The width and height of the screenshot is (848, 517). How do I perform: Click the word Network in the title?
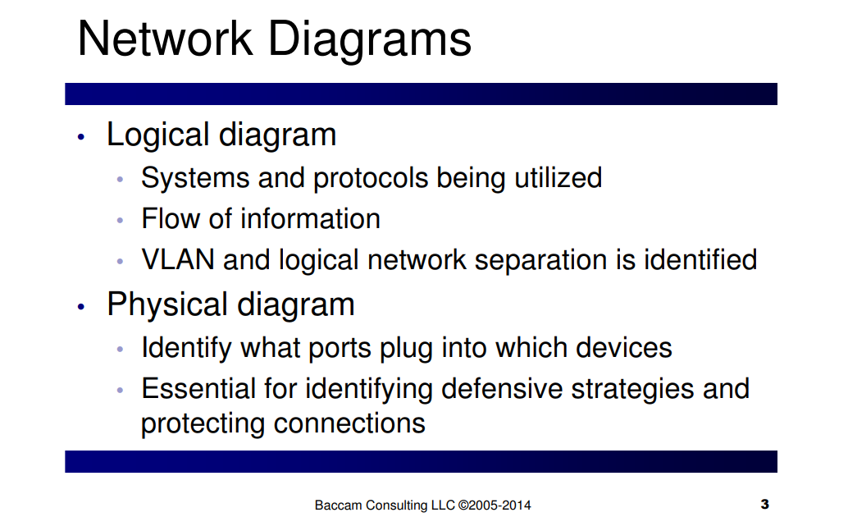pos(165,39)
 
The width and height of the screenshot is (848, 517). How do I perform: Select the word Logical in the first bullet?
pos(158,135)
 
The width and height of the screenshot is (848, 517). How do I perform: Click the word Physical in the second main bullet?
pos(167,304)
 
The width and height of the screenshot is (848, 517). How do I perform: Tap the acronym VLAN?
pos(178,260)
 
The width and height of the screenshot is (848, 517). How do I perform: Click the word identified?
pos(700,259)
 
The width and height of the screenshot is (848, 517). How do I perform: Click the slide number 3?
pos(764,505)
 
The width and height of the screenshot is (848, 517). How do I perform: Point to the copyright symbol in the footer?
pos(463,505)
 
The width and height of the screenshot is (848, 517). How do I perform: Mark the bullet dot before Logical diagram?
pos(81,137)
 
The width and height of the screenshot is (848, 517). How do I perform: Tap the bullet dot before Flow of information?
pos(120,220)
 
